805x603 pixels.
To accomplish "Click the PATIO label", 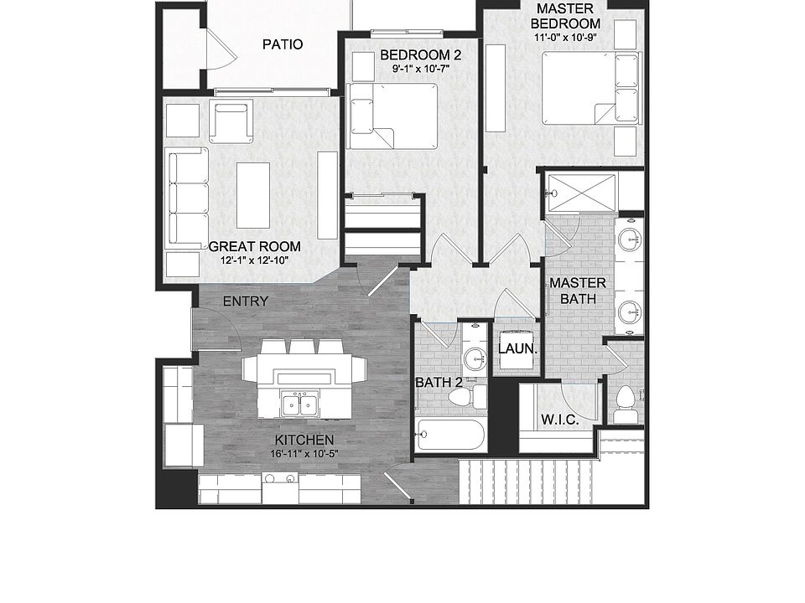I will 282,44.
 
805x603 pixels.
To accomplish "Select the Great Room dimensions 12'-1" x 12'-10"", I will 253,260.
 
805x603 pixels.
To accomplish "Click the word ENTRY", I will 246,301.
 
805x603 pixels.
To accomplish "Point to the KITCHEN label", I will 304,441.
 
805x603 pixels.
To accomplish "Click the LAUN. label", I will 517,349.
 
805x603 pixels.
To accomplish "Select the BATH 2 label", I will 439,383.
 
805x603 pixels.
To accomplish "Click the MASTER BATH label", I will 578,291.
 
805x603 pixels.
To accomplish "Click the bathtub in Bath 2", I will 450,435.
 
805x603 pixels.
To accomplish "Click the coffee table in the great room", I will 252,194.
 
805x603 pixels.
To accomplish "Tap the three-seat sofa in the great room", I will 188,198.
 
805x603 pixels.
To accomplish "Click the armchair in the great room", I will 231,121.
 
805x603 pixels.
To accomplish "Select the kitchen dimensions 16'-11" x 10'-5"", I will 304,455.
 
